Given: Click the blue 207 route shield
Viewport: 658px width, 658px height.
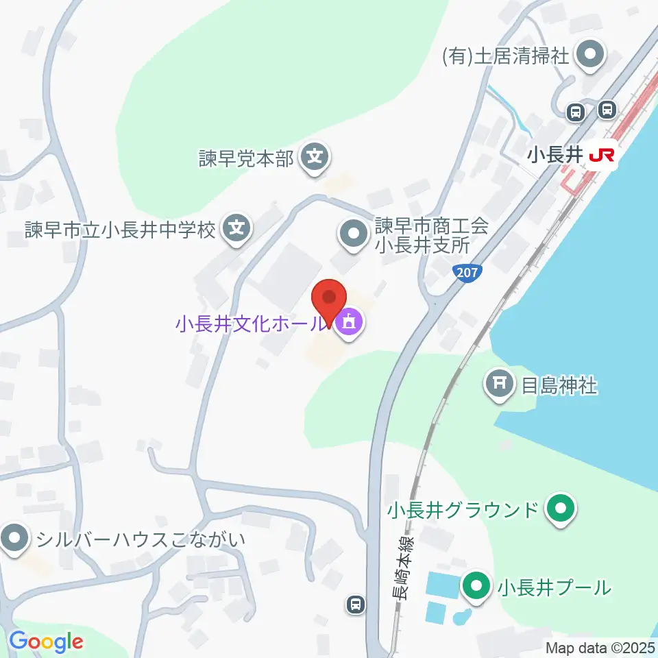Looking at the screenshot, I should (466, 272).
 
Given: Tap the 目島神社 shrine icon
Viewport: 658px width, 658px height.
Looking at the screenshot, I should (500, 385).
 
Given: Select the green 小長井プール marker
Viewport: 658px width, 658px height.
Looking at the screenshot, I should (476, 587).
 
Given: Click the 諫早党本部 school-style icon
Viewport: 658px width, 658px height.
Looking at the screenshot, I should (315, 159).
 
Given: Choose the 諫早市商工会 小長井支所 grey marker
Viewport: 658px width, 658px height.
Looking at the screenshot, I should (354, 235).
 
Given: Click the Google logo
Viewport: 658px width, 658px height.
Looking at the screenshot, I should (46, 642).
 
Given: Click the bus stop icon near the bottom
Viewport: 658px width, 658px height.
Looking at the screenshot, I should (355, 604).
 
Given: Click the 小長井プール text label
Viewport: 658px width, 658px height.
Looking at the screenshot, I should (554, 587).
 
